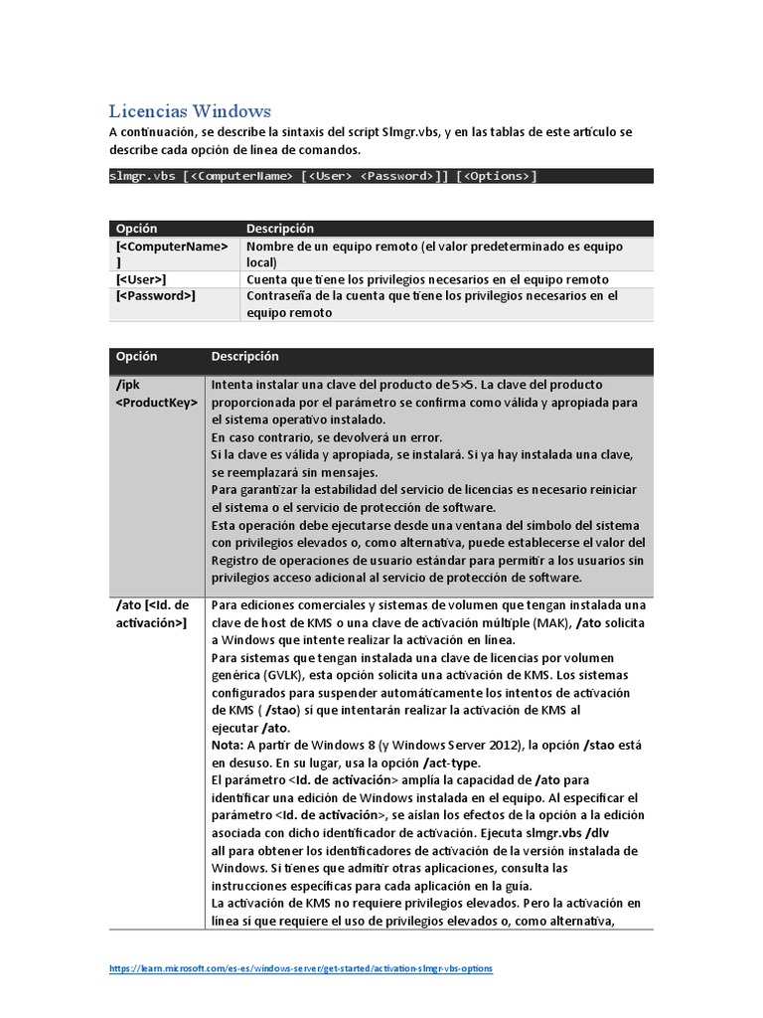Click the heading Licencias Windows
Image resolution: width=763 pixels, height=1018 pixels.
point(189,110)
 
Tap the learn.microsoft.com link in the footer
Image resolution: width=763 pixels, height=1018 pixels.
point(299,968)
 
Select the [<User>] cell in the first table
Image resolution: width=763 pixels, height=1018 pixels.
point(141,279)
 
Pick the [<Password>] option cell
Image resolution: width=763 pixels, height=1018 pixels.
point(155,296)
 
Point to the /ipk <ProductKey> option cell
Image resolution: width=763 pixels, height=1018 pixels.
point(157,394)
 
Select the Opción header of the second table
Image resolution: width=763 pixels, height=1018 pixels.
point(136,357)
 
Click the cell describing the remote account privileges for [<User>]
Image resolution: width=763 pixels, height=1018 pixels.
point(427,279)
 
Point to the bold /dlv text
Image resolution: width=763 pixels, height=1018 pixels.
point(623,833)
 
